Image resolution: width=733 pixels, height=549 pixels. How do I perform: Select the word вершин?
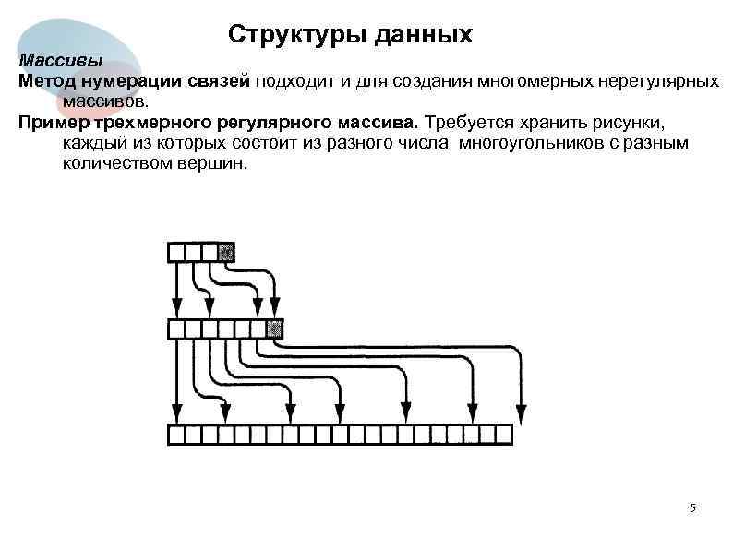[210, 162]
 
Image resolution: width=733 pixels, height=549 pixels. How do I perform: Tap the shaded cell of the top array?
[226, 251]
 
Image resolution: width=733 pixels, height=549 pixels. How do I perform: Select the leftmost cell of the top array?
[176, 251]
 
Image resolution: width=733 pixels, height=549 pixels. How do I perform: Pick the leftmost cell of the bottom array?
[176, 435]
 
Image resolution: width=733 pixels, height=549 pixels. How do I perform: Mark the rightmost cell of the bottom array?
[503, 435]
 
